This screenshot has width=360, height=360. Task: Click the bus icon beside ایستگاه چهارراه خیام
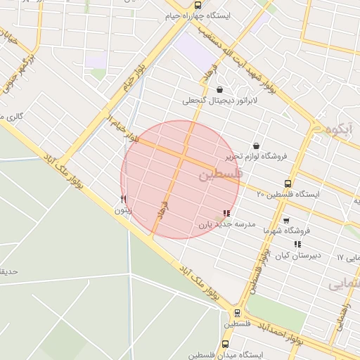[198, 5]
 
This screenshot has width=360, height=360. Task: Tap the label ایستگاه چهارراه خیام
[226, 14]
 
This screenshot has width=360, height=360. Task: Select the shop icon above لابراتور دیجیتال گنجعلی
[220, 89]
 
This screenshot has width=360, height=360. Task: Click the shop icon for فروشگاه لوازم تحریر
[255, 146]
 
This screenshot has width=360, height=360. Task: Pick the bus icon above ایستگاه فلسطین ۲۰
[288, 183]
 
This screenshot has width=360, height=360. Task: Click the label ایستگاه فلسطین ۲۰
[288, 193]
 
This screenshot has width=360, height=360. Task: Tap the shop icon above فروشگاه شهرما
[286, 220]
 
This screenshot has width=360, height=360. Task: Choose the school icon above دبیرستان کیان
[297, 244]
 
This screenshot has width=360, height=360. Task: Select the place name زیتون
[122, 210]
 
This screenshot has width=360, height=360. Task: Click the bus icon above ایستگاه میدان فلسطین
[225, 345]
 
